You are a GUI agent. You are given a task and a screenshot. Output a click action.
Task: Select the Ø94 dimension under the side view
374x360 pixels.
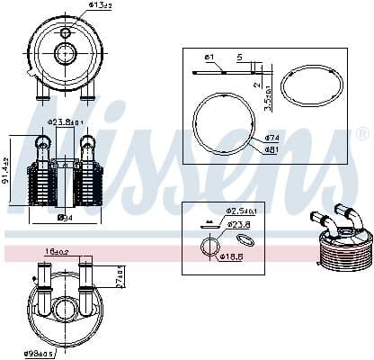[65, 217]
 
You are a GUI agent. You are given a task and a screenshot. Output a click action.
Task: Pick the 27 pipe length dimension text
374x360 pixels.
[119, 274]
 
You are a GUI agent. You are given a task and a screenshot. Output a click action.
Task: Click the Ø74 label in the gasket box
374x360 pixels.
[272, 137]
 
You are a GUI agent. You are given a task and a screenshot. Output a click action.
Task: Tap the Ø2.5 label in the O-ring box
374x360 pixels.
[242, 211]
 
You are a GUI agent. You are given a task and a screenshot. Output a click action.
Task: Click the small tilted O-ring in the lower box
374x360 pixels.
[245, 239]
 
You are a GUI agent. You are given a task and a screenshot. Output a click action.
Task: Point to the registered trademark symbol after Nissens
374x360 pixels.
[362, 133]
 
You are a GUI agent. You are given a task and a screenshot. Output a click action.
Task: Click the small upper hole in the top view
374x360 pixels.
[65, 31]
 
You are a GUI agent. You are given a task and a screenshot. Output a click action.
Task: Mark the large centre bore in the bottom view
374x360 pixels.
[65, 310]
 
